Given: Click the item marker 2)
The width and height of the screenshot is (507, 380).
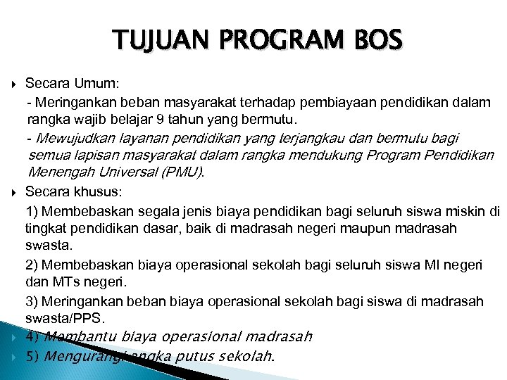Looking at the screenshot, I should point(32,265).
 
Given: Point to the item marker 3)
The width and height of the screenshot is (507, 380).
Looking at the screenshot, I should point(32,301).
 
